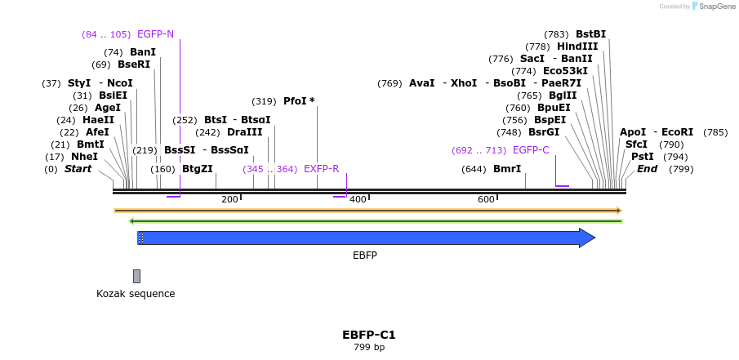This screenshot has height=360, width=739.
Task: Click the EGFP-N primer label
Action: (155, 34)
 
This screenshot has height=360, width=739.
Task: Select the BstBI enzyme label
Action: (590, 34)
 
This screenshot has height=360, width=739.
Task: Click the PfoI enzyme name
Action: (295, 101)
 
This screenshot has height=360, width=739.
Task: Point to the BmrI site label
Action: (506, 169)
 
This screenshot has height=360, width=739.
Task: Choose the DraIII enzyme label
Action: (244, 132)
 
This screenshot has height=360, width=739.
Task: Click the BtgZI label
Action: (197, 169)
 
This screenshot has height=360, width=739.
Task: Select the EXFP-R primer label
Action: (321, 169)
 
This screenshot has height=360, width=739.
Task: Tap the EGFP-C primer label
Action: (531, 150)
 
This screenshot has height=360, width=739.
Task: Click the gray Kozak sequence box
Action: (136, 276)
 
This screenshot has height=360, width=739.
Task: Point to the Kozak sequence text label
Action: (136, 294)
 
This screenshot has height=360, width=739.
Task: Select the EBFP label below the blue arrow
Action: (365, 256)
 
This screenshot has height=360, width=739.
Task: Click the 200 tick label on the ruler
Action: (229, 200)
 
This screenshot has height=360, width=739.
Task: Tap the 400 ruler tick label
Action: (358, 200)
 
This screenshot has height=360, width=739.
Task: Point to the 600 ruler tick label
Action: (486, 200)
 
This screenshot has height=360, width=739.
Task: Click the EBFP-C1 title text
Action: (369, 335)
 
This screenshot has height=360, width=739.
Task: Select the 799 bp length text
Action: (369, 348)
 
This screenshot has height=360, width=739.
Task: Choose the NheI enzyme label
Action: (84, 157)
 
